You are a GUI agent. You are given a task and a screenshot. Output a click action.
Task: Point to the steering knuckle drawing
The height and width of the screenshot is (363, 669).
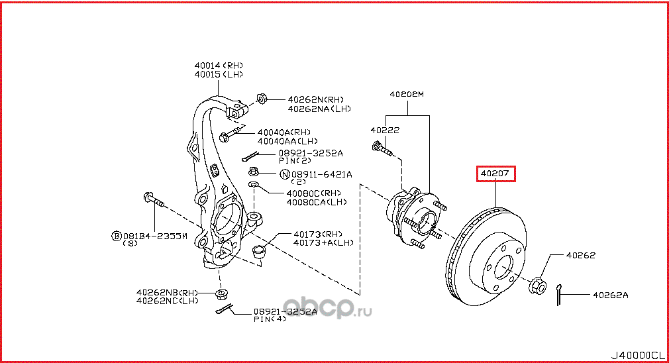219,192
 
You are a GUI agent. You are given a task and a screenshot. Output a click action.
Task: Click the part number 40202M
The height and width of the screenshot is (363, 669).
406,95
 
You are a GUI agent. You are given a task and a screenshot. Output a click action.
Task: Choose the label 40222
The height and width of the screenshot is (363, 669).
385,130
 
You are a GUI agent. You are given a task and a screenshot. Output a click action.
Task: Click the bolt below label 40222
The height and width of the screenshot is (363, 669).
383,150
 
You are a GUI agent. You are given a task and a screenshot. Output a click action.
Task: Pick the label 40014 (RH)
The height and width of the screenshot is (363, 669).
219,65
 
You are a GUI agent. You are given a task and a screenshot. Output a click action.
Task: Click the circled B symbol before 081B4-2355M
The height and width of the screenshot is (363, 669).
116,235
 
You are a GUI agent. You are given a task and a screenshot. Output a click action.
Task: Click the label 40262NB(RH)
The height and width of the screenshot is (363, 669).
167,292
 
